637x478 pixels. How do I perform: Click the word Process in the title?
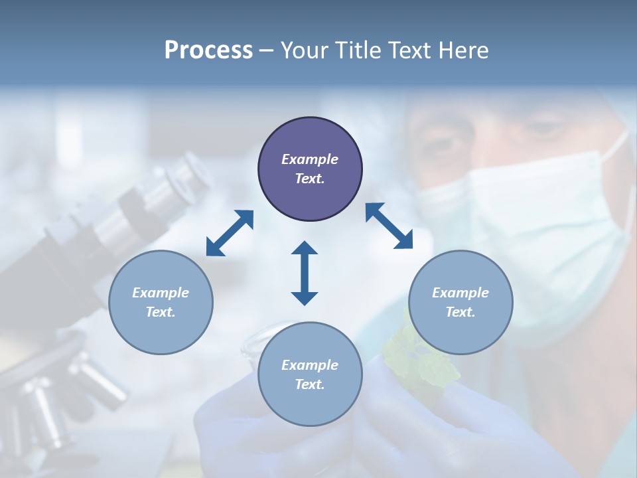click(208, 50)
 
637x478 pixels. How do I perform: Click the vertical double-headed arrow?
click(305, 273)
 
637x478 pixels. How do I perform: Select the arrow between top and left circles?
click(230, 233)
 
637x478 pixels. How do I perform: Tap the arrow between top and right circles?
click(389, 226)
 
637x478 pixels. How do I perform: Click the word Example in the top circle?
click(310, 159)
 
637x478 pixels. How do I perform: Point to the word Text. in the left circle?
click(161, 312)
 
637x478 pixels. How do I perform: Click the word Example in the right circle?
click(460, 293)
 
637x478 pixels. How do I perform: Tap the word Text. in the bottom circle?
click(310, 384)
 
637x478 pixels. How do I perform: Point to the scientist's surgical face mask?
click(544, 219)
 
